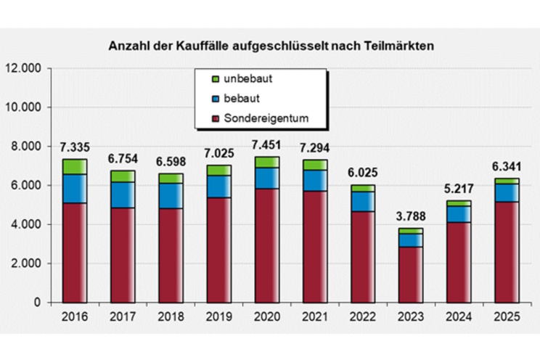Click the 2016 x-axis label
click(x=74, y=318)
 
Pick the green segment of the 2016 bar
click(x=74, y=166)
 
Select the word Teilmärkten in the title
click(x=399, y=46)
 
